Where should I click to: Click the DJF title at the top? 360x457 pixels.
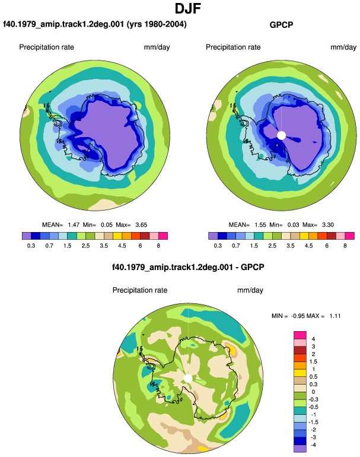pos(188,8)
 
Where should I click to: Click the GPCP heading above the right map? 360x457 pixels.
pos(281,25)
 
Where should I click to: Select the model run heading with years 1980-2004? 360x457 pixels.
pos(95,24)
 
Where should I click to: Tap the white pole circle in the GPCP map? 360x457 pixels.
pos(281,135)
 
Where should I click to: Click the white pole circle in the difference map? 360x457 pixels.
pos(188,378)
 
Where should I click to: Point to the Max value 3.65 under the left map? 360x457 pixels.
pos(141,225)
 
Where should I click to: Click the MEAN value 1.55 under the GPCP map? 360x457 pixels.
pos(260,225)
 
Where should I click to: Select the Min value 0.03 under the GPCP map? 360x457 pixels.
pos(293,225)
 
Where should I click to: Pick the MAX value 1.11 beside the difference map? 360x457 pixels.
pos(335,316)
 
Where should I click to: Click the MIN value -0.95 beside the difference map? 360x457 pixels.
pos(298,316)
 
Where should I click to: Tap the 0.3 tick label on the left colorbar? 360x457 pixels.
pos(31,246)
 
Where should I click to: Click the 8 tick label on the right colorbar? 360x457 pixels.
pos(345,246)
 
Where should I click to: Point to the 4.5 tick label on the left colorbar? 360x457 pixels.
pos(122,246)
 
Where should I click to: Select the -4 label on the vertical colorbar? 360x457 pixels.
pos(313,445)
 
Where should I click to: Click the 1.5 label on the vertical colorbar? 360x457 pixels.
pos(313,361)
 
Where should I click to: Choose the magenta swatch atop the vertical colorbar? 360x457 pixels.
pos(300,335)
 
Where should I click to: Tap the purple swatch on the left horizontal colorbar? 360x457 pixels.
pos(27,236)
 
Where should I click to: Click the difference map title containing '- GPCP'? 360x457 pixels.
pos(188,267)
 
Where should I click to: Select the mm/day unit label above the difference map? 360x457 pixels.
pos(250,290)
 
